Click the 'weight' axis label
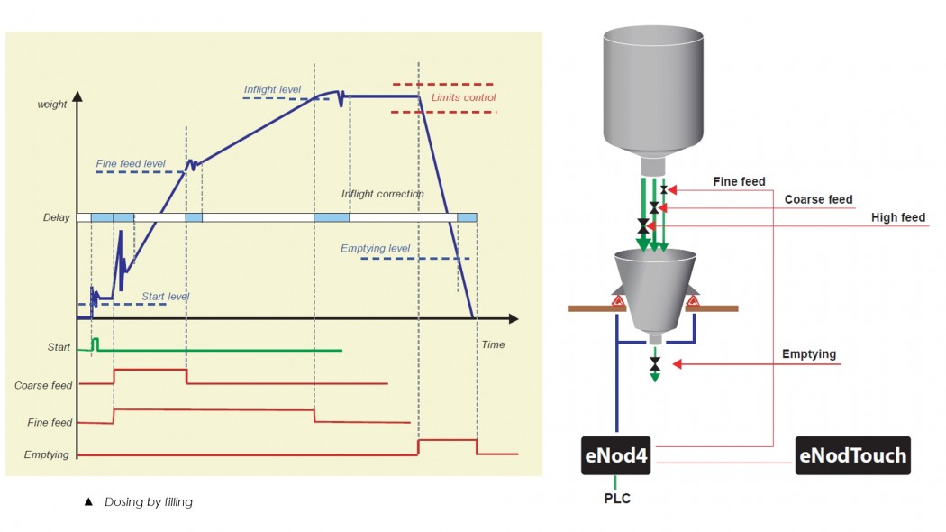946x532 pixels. click(51, 105)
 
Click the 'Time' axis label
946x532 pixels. click(493, 344)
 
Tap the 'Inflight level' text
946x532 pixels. click(272, 89)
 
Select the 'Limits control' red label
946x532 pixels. click(463, 97)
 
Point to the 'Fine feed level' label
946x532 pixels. click(130, 164)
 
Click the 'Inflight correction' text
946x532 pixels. click(382, 194)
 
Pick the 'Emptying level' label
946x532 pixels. click(375, 248)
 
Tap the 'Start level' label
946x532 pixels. click(166, 296)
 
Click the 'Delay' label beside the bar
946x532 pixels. click(56, 217)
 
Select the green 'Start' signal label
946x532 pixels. click(59, 347)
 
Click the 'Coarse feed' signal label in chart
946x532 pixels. click(43, 386)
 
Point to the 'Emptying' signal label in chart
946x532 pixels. click(46, 454)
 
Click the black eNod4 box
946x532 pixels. click(616, 455)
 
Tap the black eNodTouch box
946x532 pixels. click(852, 455)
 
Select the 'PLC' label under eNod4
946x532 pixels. click(617, 499)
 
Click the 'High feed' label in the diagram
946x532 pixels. click(897, 217)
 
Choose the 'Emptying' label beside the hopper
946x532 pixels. click(810, 354)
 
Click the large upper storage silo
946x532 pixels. click(652, 90)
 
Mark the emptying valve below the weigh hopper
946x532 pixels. click(655, 363)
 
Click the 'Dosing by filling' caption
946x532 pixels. click(148, 501)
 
